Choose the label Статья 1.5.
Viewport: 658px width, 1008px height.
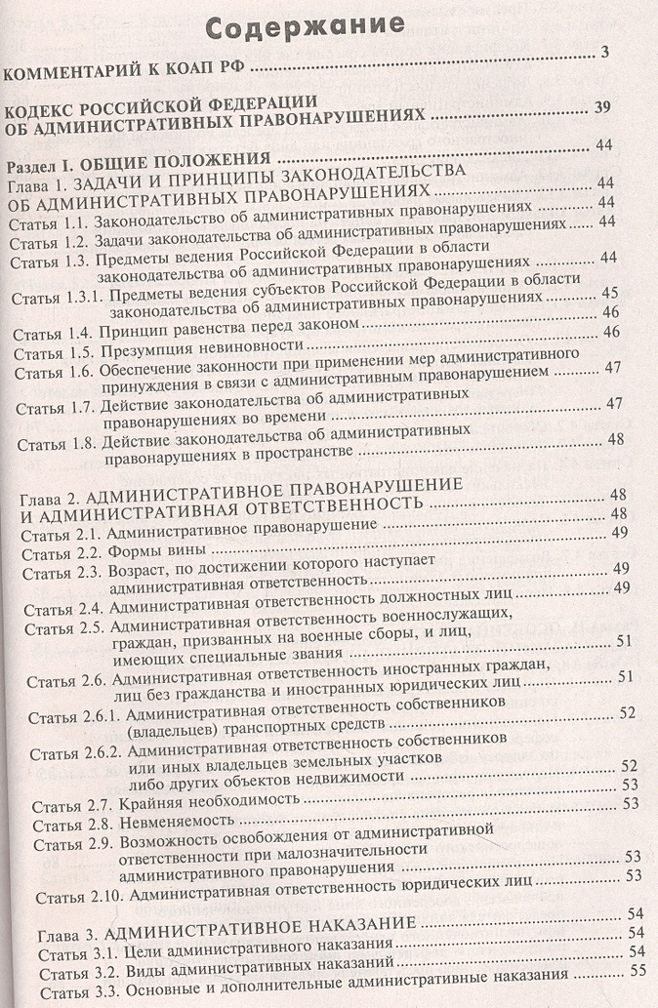coord(51,348)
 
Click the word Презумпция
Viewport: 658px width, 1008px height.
coord(152,348)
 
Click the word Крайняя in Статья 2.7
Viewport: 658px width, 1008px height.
coord(150,804)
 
